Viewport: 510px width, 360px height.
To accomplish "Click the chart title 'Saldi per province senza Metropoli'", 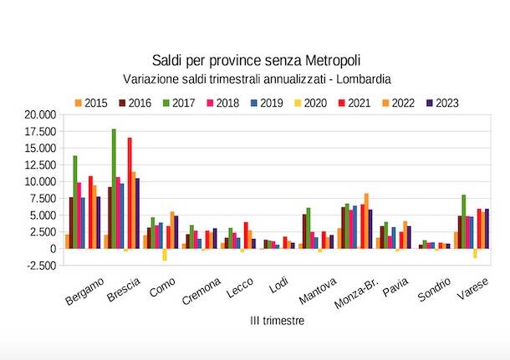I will click(x=258, y=60).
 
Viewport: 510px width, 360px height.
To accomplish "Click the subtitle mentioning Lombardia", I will click(x=258, y=79).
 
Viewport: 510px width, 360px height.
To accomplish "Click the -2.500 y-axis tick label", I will click(x=38, y=266).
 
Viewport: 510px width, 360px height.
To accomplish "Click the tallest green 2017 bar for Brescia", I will click(x=114, y=188).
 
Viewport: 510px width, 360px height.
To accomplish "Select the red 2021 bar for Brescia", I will click(x=130, y=192).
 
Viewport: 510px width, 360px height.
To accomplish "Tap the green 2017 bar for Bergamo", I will click(x=75, y=201).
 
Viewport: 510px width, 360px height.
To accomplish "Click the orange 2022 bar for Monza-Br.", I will click(x=366, y=221).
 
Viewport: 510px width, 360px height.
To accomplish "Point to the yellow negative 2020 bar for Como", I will click(x=165, y=255).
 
